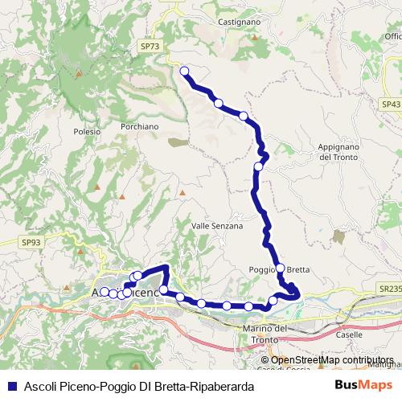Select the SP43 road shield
[x=391, y=105]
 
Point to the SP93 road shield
[x=31, y=242]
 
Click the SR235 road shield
[x=390, y=288]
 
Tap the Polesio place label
[x=86, y=131]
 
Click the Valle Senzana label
[x=217, y=227]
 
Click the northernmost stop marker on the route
[x=184, y=72]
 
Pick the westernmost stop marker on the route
[x=105, y=292]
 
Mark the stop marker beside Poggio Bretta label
[x=280, y=269]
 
